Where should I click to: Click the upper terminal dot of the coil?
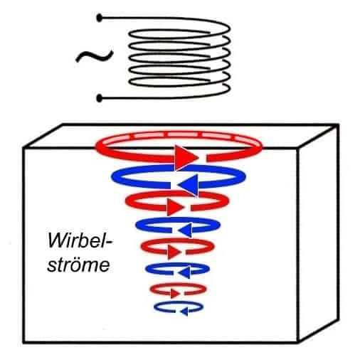click(x=100, y=18)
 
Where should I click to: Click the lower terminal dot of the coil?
click(x=100, y=98)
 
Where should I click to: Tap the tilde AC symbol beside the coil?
click(x=95, y=56)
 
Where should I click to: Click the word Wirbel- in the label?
click(x=80, y=241)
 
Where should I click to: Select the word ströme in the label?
click(x=78, y=264)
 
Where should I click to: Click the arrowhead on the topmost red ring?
click(x=186, y=157)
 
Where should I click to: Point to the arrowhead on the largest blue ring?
click(x=189, y=185)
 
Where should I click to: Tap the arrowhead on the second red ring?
click(x=176, y=207)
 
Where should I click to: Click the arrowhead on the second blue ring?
click(x=184, y=230)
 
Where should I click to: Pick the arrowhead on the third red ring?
click(x=174, y=252)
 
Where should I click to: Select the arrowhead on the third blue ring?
click(x=184, y=272)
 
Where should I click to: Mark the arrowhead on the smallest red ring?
click(x=175, y=294)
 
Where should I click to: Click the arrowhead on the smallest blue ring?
click(x=184, y=312)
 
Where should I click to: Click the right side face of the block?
click(x=318, y=233)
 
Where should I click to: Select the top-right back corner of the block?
click(x=338, y=124)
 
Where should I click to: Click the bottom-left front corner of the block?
click(x=24, y=342)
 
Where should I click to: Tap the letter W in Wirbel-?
click(x=56, y=241)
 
